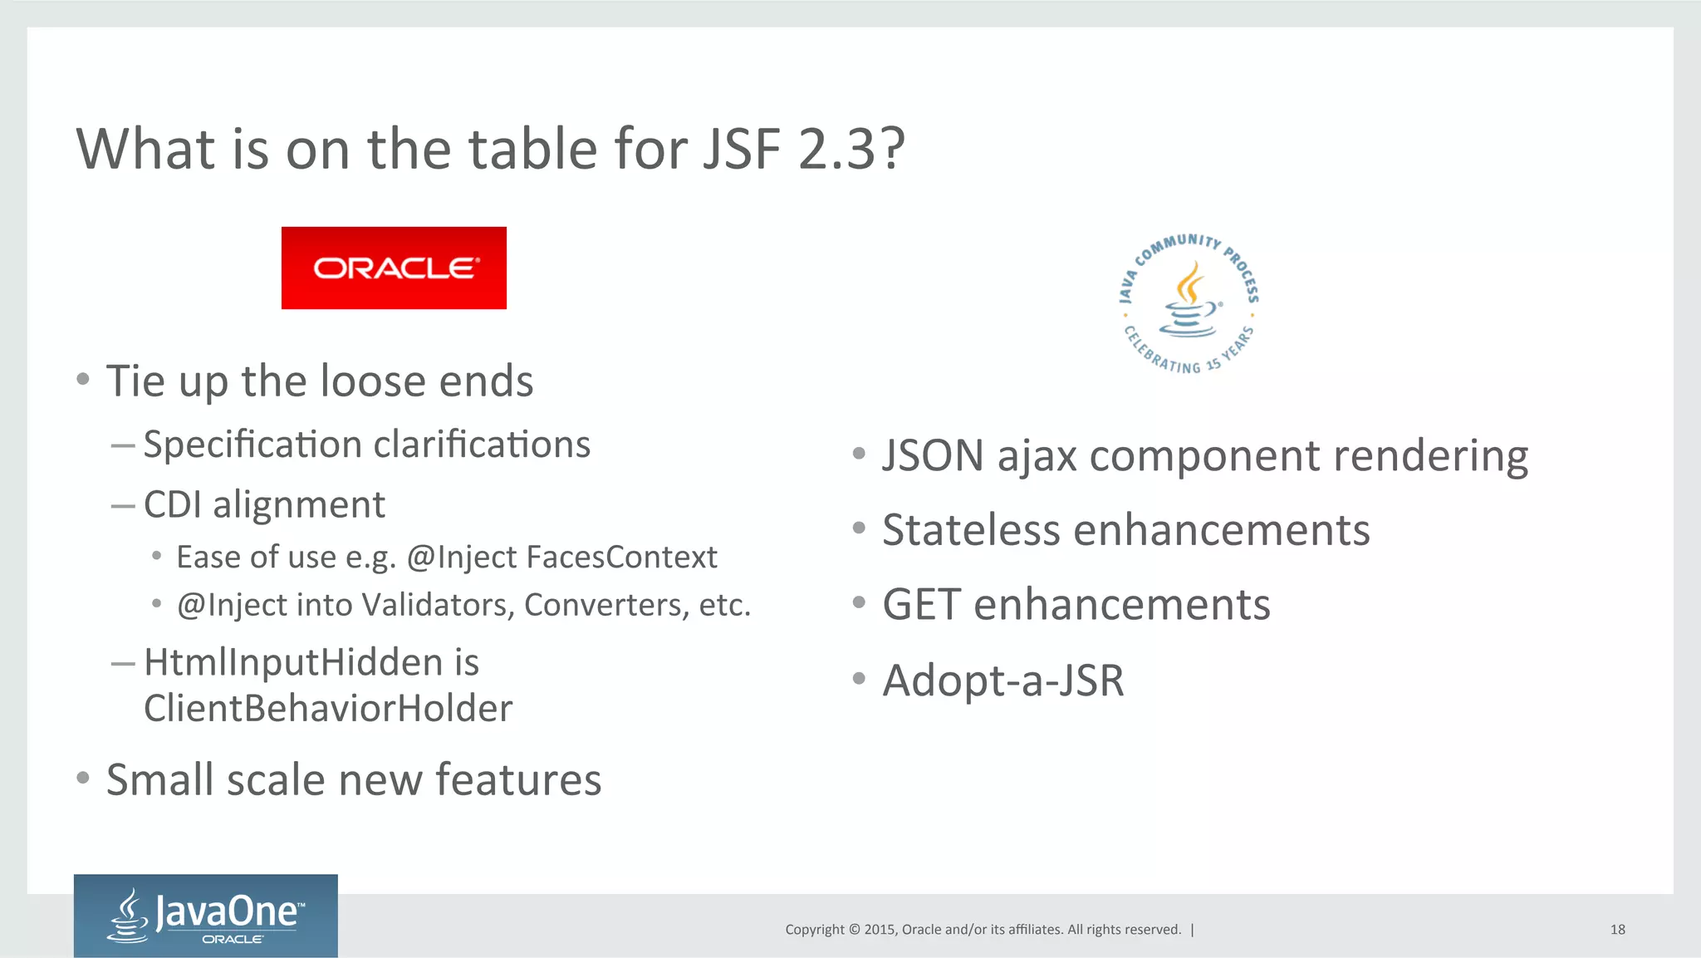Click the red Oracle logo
coord(394,268)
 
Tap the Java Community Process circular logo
coord(1189,303)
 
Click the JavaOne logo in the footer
coord(206,915)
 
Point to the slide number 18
coord(1617,930)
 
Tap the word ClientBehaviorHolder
coord(328,709)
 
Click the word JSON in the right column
coord(933,456)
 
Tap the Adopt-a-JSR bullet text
coord(1002,680)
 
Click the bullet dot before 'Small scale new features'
coord(82,779)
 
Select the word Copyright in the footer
coord(815,930)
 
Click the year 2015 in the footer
coord(880,930)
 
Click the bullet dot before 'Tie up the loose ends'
coord(82,380)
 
